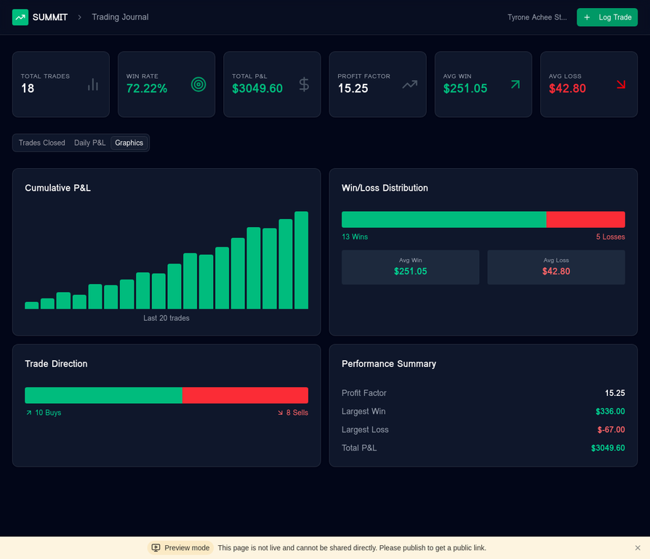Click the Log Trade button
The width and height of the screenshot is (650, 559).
point(606,17)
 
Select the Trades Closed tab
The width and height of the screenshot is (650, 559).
point(42,143)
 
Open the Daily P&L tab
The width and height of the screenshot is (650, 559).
point(89,143)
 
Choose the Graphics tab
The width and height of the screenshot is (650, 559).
point(129,143)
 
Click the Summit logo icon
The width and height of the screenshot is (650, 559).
point(20,17)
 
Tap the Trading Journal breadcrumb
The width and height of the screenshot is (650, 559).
point(120,17)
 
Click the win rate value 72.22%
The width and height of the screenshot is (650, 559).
point(147,89)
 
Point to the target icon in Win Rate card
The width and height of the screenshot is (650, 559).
point(198,84)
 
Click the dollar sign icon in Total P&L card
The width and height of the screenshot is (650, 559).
point(304,84)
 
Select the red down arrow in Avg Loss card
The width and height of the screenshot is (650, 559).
point(621,84)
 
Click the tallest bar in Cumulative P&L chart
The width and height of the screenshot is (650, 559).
point(301,260)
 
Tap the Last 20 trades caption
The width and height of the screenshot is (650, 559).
point(166,318)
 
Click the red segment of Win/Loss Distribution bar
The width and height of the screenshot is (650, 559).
point(585,220)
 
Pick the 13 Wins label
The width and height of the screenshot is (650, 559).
point(355,237)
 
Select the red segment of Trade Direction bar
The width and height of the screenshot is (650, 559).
point(245,395)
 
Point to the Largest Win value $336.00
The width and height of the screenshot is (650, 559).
point(610,411)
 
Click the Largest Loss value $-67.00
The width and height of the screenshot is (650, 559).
point(611,429)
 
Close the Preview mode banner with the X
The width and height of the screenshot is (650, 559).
point(638,548)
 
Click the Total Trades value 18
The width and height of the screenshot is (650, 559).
point(28,89)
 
